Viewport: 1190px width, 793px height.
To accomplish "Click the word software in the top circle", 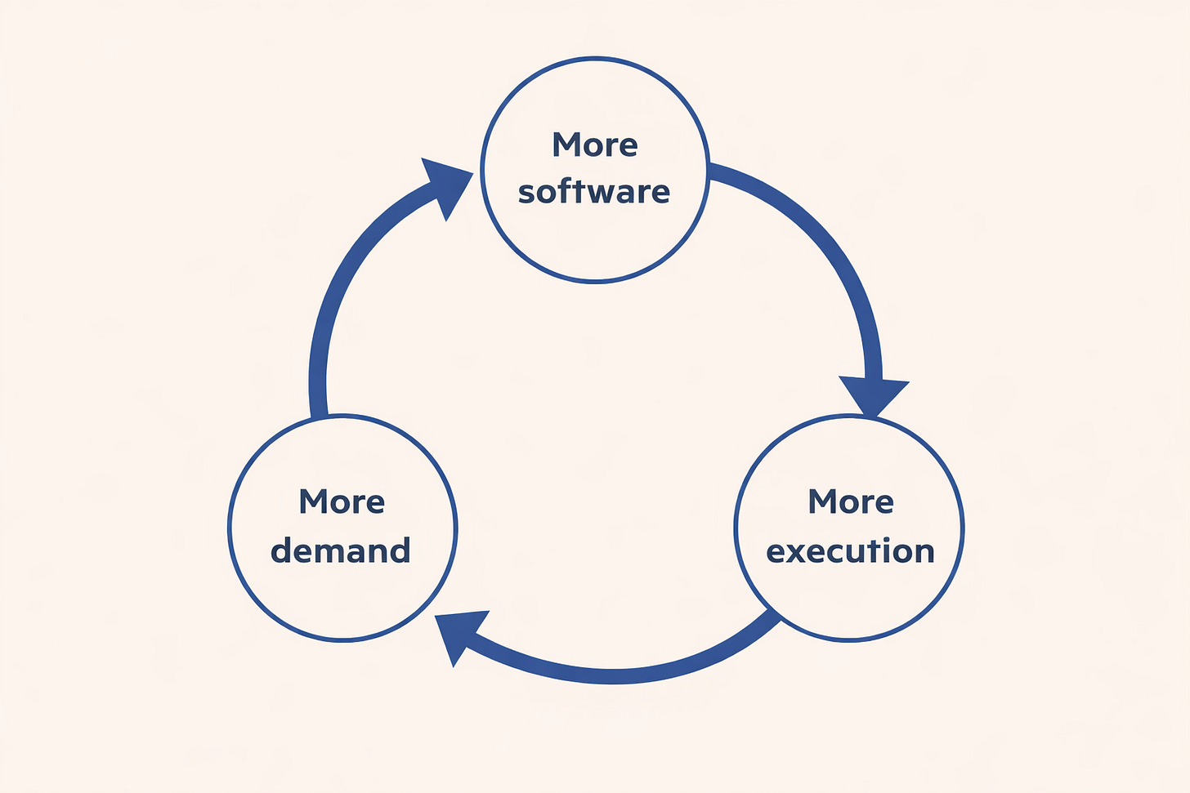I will point(594,192).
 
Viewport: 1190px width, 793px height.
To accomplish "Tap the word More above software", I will point(594,145).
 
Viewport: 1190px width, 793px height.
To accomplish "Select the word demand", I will point(341,550).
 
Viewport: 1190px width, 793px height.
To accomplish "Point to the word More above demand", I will point(342,501).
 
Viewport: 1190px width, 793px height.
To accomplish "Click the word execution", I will point(850,551).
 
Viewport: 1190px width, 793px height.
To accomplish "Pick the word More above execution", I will point(851,501).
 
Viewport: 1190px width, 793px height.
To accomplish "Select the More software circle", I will point(595,237).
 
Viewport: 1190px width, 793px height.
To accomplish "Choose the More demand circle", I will point(342,596).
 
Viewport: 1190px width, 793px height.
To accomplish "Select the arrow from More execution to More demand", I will point(621,675).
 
